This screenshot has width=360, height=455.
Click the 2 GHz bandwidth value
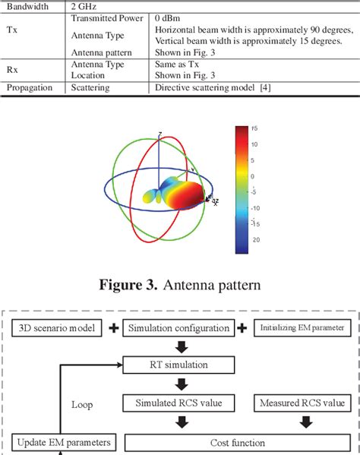click(x=84, y=6)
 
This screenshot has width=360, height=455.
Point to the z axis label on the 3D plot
click(x=159, y=134)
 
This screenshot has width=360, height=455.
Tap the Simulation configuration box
click(x=179, y=327)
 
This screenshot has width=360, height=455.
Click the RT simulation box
click(x=179, y=365)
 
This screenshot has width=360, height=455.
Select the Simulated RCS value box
click(x=179, y=403)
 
